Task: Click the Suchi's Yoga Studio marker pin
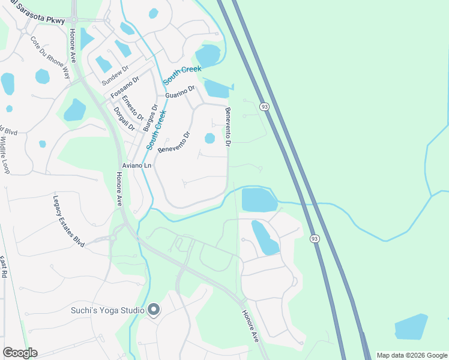point(154,310)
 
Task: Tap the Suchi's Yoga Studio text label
point(107,310)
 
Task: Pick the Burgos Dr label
point(150,118)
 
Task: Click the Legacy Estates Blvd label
point(68,221)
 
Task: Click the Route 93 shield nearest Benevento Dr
point(264,107)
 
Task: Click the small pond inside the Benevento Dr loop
point(209,139)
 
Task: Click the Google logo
point(20,353)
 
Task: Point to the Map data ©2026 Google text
point(412,355)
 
